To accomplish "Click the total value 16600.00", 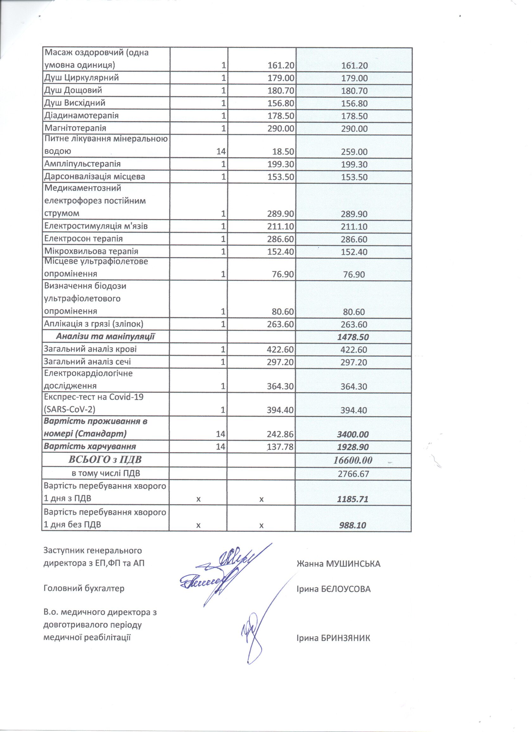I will [x=352, y=460].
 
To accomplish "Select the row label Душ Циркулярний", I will [x=81, y=78].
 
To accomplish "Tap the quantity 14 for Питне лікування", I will [x=221, y=151].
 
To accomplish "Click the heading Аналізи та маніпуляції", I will [x=105, y=337].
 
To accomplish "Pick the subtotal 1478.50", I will [x=353, y=337].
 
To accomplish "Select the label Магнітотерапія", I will [x=75, y=128].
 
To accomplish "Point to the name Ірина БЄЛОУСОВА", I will [x=333, y=589].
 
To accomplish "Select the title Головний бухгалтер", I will [x=84, y=588].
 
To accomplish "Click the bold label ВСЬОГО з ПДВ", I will [x=105, y=460].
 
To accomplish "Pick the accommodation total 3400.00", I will [x=352, y=434].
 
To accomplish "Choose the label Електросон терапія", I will [x=83, y=238].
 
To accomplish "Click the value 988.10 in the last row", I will [x=352, y=525].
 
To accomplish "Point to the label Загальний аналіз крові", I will [x=90, y=349].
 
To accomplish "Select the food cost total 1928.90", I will [x=352, y=447].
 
